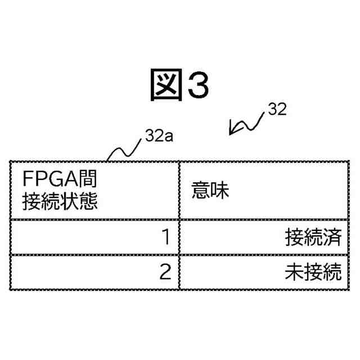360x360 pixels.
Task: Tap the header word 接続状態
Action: point(59,201)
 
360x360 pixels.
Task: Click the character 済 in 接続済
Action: point(333,238)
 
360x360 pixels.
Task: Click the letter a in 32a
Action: point(168,137)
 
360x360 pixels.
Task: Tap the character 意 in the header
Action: point(201,191)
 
